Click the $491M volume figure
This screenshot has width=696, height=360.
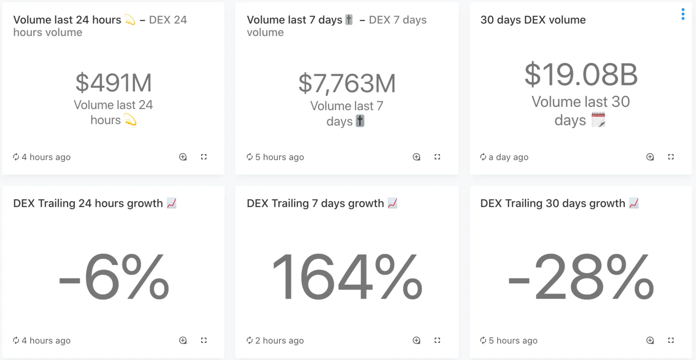tap(113, 83)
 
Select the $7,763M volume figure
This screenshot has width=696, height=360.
tap(347, 84)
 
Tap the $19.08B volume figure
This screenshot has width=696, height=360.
tap(581, 75)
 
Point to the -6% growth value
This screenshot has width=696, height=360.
tap(114, 277)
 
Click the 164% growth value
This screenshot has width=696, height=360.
tap(347, 277)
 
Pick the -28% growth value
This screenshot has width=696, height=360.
tap(581, 277)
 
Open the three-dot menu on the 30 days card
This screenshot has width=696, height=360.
tap(682, 14)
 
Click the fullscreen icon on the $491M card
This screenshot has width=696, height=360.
tap(204, 157)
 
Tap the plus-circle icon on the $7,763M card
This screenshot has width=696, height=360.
tap(416, 157)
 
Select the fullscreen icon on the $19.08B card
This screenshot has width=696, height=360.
tap(671, 157)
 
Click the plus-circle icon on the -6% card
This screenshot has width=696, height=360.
tap(183, 341)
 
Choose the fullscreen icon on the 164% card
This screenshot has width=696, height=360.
tap(437, 341)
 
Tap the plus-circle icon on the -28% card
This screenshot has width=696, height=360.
tap(650, 341)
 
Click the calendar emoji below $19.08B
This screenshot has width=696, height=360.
tap(598, 120)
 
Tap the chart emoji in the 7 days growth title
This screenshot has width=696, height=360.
tap(392, 203)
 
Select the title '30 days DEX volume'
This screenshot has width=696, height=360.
tap(533, 20)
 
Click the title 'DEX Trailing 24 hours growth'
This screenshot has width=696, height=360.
tap(88, 203)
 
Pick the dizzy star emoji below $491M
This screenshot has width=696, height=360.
tap(130, 120)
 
